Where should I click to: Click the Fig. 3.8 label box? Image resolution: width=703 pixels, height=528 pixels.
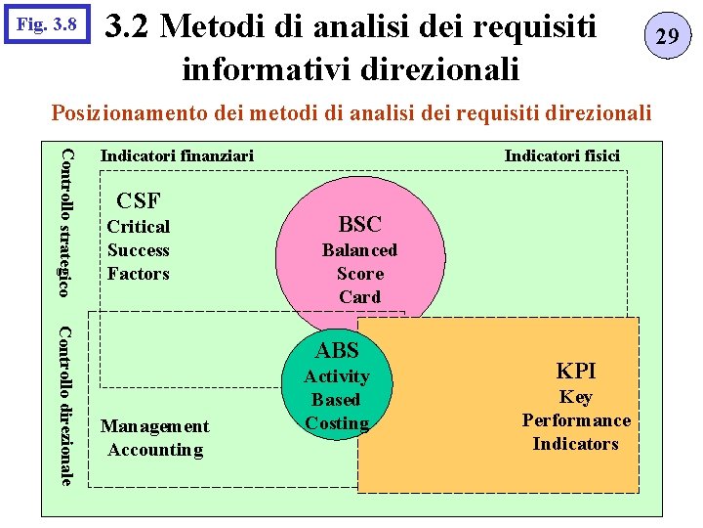47,22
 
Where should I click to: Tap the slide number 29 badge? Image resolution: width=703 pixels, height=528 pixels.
667,37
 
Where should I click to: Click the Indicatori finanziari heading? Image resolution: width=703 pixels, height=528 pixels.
177,155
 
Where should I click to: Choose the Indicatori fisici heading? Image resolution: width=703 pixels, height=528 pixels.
561,155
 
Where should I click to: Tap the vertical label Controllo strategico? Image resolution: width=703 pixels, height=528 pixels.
66,221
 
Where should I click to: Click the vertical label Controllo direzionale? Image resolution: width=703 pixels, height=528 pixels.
66,404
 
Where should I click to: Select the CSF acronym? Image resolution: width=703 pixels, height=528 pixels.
139,201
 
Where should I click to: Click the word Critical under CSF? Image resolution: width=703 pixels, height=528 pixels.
139,227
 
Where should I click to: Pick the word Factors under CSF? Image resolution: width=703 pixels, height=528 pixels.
139,274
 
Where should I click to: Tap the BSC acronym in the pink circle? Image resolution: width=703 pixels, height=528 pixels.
359,224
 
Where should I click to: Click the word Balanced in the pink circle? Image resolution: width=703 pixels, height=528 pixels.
359,250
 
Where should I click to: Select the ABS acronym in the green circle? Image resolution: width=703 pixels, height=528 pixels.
337,350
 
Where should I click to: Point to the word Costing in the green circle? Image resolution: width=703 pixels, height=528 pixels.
337,423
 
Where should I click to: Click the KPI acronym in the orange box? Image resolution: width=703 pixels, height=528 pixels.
576,371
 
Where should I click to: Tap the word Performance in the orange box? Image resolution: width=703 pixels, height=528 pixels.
576,420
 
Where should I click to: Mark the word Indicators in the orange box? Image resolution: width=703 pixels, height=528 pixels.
576,444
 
